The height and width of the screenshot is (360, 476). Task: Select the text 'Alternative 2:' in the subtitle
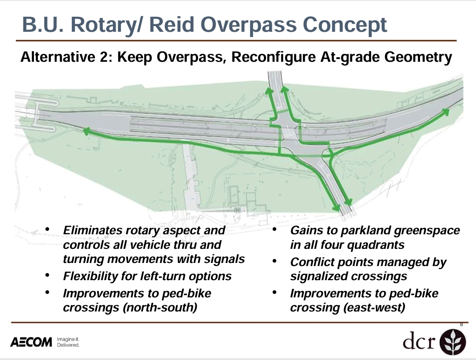tap(67, 57)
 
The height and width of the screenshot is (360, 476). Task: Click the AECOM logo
tap(31, 342)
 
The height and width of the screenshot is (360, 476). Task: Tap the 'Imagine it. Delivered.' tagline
tap(68, 342)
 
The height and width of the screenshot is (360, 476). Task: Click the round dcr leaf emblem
tap(453, 342)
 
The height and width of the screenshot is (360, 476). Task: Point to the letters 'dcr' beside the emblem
tap(419, 341)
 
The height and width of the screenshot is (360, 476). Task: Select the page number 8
tap(461, 325)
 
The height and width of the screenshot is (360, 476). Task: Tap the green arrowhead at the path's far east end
tap(446, 112)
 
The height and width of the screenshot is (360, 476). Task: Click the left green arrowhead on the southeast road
tap(336, 208)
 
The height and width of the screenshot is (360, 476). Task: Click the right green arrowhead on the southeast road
tap(349, 202)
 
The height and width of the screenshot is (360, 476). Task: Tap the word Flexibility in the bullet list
tap(90, 277)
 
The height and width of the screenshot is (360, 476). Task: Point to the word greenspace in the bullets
tap(427, 231)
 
